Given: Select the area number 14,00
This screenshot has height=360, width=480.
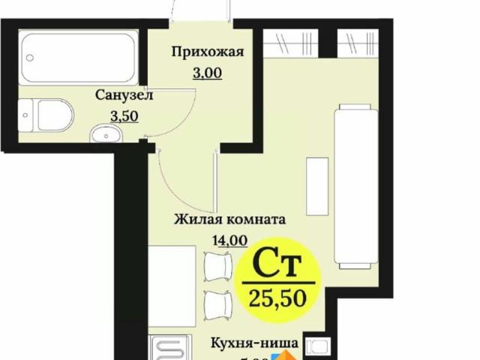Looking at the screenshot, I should coord(230,241).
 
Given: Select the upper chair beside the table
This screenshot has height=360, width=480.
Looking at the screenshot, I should coord(218,264).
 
